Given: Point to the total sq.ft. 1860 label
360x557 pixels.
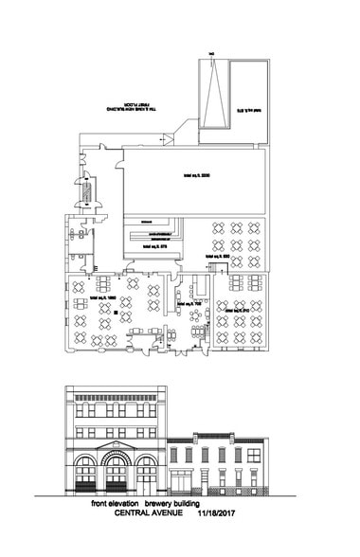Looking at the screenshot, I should point(103,298).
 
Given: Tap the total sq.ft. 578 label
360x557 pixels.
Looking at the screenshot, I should point(154,243).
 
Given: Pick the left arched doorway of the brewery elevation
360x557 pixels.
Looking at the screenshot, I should point(86,474).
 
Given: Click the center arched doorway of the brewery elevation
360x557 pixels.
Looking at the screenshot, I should point(116,474).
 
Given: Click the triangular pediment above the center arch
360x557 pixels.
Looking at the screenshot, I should point(116,448).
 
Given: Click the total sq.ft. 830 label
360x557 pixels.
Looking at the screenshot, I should point(217,257).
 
